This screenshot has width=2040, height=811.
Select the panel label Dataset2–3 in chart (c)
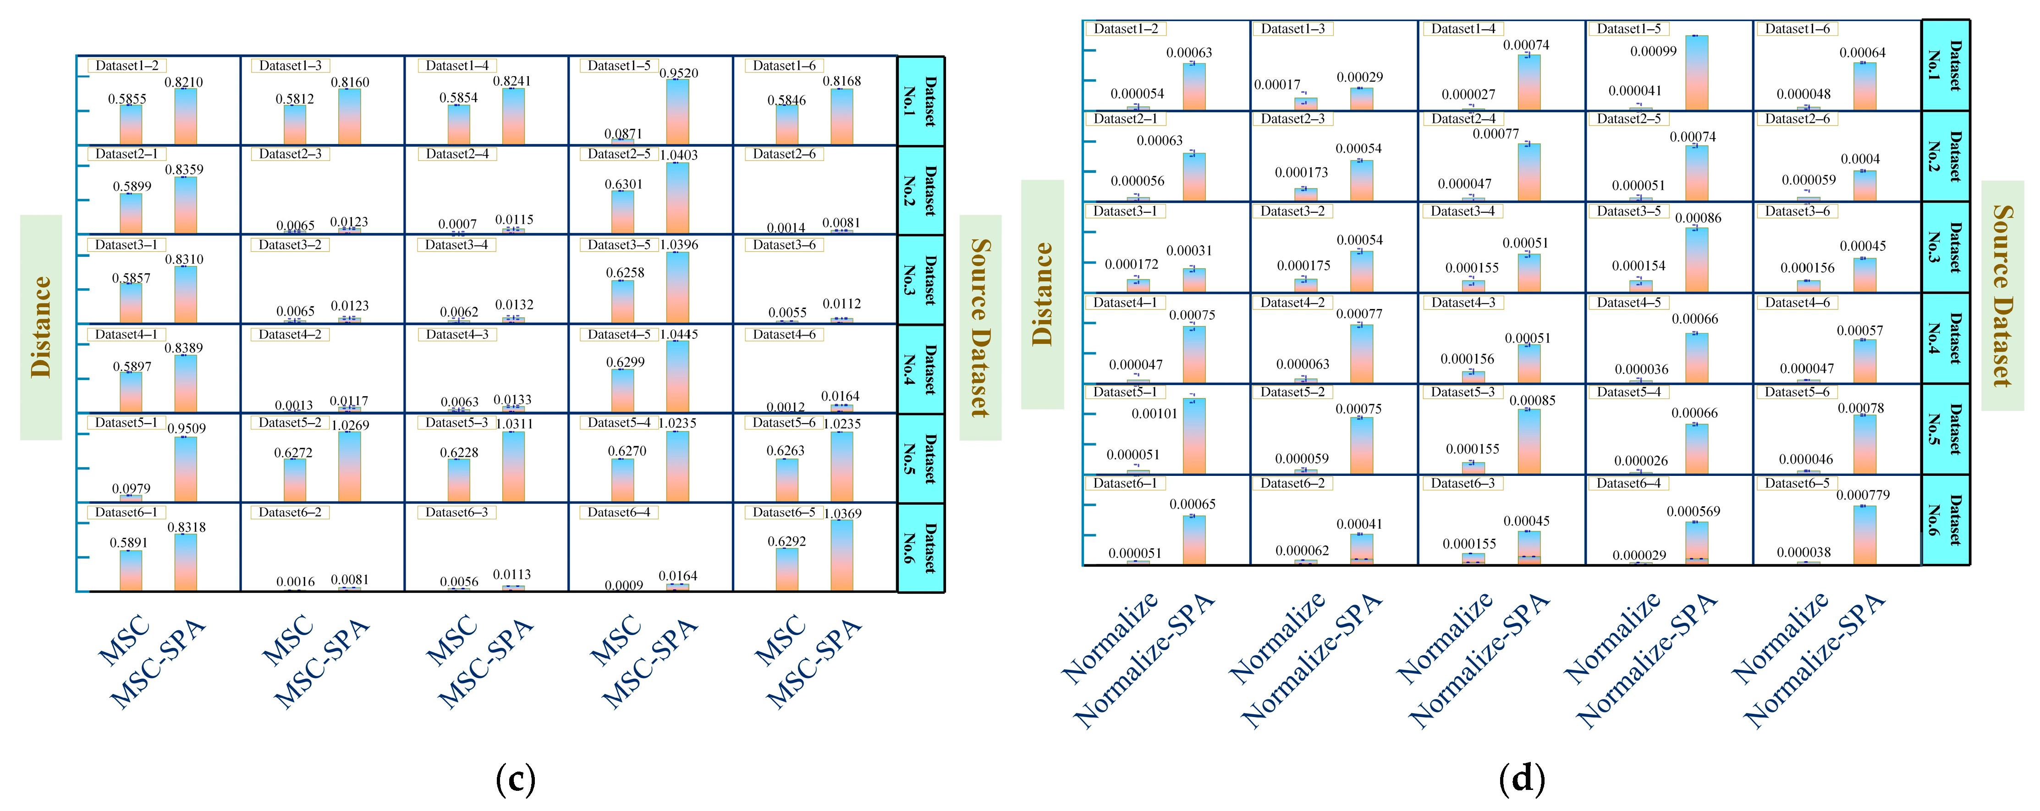click(x=291, y=154)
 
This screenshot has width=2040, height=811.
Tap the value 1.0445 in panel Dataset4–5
click(x=679, y=334)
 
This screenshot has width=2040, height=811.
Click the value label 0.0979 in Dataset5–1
click(x=132, y=489)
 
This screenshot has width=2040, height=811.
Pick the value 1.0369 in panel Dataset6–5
click(x=842, y=513)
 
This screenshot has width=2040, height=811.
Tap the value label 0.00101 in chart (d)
click(x=1155, y=414)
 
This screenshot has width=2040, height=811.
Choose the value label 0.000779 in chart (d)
click(x=1863, y=495)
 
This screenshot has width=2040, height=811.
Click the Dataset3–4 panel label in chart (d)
click(x=1463, y=211)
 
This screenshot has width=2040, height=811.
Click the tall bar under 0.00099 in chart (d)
click(x=1696, y=73)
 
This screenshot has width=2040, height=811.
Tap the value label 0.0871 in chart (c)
click(x=623, y=134)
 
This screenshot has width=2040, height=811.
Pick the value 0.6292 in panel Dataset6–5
click(x=786, y=542)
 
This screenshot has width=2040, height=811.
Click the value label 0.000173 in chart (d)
click(x=1301, y=173)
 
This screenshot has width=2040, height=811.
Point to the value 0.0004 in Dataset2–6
click(x=1860, y=159)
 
